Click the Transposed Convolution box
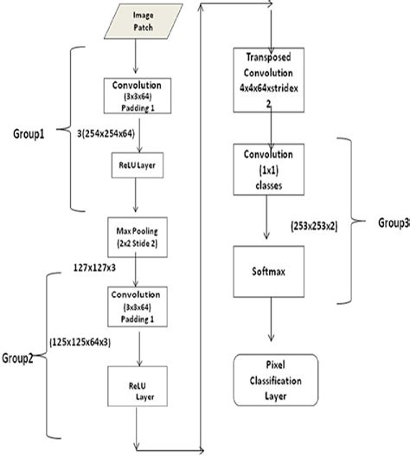(272, 77)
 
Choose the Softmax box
(272, 270)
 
